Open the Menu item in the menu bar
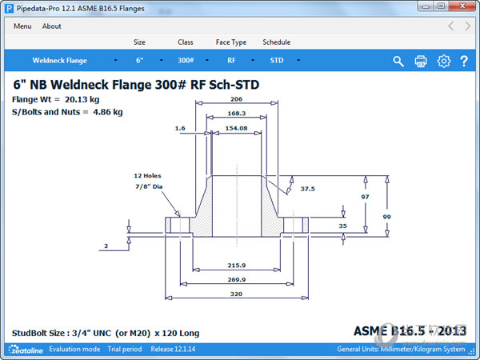22,26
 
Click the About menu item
52,26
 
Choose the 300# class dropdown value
186,61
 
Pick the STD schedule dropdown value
277,61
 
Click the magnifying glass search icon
398,62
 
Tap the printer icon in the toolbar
421,62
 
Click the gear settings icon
443,62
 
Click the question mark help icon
464,62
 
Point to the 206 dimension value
236,99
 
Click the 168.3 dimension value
236,114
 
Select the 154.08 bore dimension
236,128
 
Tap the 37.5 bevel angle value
308,190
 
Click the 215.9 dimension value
236,265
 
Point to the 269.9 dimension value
236,279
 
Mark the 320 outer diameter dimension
236,294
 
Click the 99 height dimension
387,217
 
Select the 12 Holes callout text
148,175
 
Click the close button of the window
462,6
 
